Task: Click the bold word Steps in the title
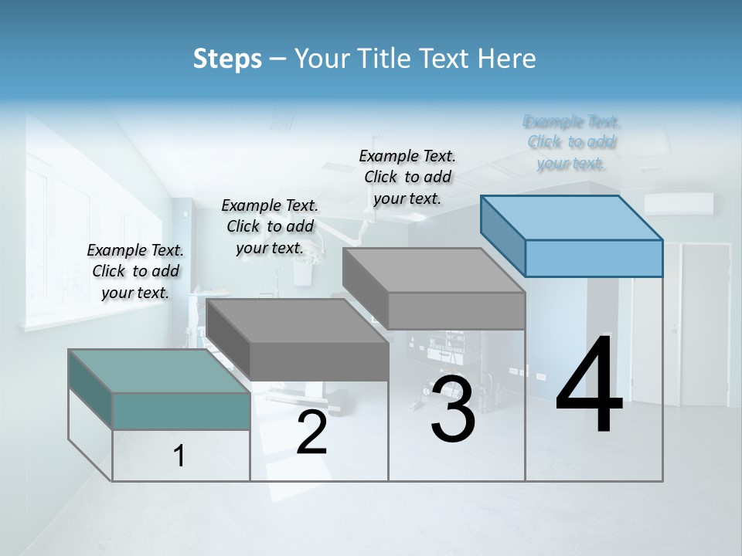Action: (x=227, y=59)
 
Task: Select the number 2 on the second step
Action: (x=311, y=432)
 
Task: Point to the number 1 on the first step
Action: (x=179, y=456)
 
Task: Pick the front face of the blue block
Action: (x=594, y=258)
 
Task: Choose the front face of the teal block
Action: (x=181, y=411)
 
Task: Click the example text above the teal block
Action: (x=135, y=271)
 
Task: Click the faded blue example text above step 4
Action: (x=572, y=142)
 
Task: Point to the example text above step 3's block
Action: (x=407, y=177)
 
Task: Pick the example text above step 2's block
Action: (x=270, y=226)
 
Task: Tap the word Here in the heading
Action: (x=506, y=59)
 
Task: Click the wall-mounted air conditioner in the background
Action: (x=679, y=204)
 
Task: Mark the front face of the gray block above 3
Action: (x=456, y=311)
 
